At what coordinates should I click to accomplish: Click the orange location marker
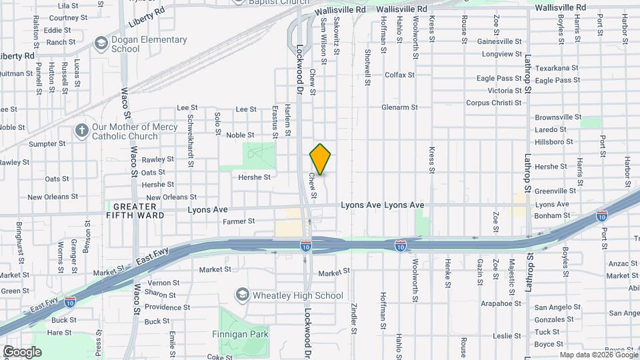[321, 159]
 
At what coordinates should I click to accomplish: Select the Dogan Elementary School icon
[101, 45]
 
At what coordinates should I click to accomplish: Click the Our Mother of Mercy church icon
[82, 130]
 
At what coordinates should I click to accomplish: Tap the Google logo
[22, 351]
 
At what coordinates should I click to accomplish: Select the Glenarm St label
[399, 107]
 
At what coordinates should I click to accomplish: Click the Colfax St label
[399, 75]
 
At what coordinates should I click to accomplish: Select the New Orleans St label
[171, 197]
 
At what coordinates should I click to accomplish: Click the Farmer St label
[239, 221]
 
